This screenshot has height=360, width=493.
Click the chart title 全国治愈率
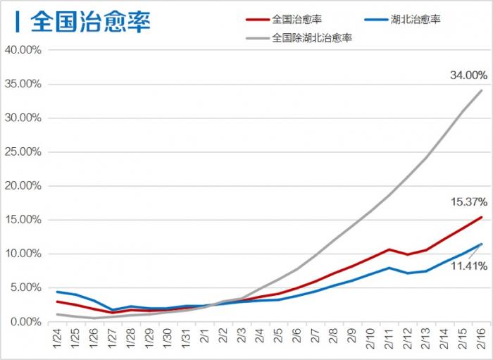point(91,21)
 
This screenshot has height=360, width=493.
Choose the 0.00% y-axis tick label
point(25,321)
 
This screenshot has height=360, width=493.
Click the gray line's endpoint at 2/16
point(482,91)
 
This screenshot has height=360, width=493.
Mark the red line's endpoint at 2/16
point(482,217)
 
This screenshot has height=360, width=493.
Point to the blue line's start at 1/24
point(57,292)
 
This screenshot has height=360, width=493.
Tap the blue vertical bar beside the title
point(17,21)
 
